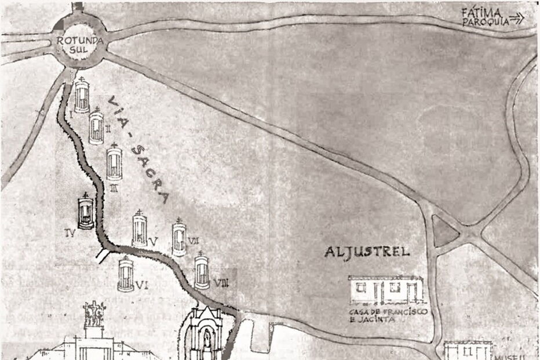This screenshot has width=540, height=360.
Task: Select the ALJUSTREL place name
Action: coord(367,251)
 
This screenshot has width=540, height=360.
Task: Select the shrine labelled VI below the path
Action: coord(126,275)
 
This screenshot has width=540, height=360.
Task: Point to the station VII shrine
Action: coord(179,237)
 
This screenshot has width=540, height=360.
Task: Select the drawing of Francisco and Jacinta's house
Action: coord(386,290)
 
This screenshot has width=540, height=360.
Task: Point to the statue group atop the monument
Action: coord(94,314)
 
